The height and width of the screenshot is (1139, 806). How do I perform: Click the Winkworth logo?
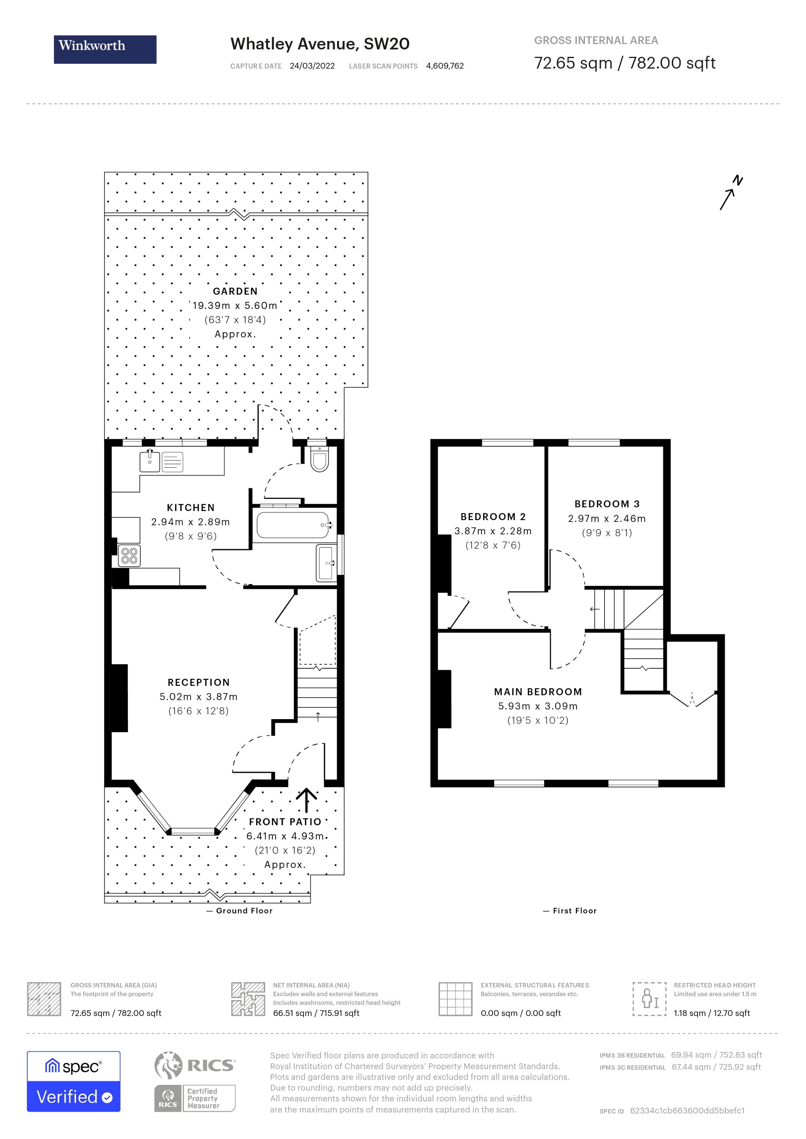coord(105,49)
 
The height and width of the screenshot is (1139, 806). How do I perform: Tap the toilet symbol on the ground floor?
coord(319,458)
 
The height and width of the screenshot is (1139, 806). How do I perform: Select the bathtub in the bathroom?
coord(293,525)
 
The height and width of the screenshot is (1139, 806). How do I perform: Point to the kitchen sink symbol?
coord(149,461)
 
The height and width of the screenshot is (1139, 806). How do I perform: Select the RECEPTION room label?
coord(198,682)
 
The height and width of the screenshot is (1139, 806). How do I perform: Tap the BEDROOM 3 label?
coord(607,504)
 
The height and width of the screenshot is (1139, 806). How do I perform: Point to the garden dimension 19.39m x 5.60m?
coord(235,306)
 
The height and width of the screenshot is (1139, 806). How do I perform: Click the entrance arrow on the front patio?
coord(306,800)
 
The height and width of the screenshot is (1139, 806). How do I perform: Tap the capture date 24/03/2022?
coord(312,66)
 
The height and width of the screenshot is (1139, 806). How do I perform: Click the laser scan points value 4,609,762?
coord(445,66)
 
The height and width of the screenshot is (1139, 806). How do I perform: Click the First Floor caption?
coord(574,911)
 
